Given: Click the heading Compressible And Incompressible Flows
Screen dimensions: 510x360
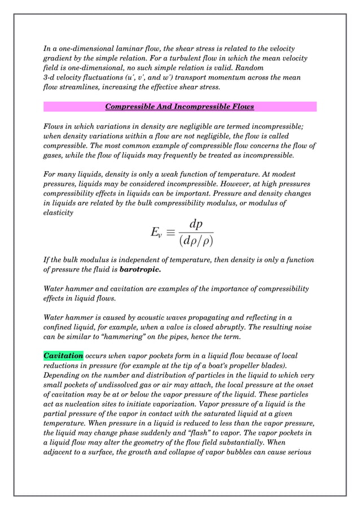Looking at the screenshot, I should pyautogui.click(x=179, y=107).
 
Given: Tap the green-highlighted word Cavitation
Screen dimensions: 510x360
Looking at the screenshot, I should pyautogui.click(x=63, y=356).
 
